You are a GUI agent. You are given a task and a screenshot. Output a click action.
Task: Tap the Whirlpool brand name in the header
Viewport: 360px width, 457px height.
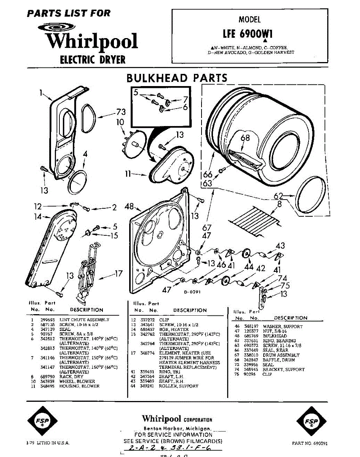[91, 41]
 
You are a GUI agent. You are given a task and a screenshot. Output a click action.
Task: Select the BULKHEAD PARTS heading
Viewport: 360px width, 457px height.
[177, 78]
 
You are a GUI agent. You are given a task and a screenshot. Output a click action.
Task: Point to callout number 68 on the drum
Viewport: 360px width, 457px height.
[245, 137]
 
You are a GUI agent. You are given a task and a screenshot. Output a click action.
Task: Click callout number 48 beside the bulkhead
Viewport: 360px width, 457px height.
[129, 207]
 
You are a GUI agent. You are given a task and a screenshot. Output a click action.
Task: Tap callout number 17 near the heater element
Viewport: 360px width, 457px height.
[118, 273]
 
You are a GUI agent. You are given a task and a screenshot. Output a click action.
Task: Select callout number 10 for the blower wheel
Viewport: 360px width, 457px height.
[120, 122]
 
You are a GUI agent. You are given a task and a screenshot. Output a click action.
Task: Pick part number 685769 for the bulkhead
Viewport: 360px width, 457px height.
[251, 336]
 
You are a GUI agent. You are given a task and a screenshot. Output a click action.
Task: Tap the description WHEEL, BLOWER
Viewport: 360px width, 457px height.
[77, 381]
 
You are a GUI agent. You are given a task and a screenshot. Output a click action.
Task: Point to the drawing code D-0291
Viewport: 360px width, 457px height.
[192, 292]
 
